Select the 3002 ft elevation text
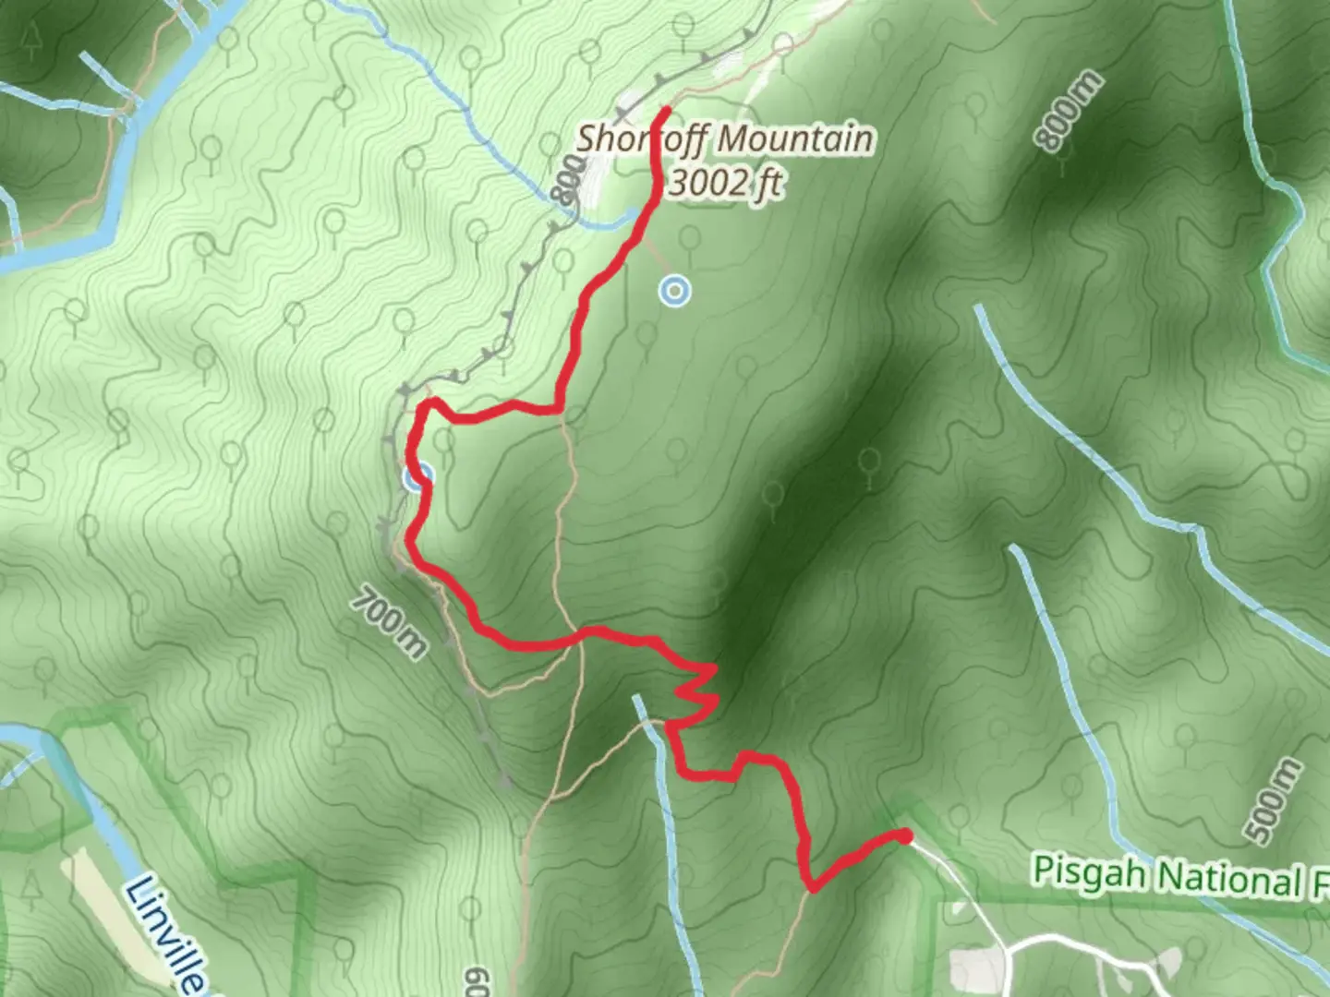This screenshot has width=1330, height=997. coord(725,183)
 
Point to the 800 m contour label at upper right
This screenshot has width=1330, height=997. coord(1068,111)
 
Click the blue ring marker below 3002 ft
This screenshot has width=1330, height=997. coord(675,292)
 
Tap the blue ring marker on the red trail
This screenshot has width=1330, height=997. coord(417,477)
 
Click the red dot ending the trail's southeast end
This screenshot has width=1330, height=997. coord(906,836)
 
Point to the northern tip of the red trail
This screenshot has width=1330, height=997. coord(665,112)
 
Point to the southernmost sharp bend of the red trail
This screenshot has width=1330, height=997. coord(812,888)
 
